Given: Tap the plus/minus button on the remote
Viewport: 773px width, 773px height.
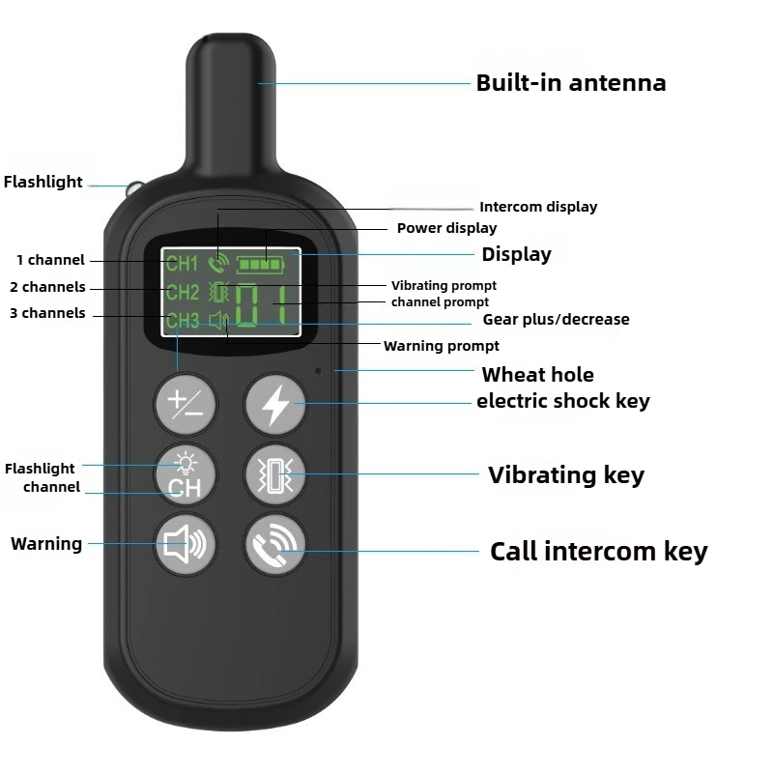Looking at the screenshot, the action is click(x=185, y=404).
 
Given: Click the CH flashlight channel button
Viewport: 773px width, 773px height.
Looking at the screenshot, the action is click(x=185, y=475).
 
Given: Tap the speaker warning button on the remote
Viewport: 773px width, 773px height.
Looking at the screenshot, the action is click(x=185, y=544).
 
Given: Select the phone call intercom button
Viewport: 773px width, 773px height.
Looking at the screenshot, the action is click(x=275, y=544).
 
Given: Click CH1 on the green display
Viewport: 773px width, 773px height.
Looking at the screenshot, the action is click(x=182, y=263).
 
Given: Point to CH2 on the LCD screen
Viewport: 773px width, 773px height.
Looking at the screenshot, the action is click(x=183, y=292).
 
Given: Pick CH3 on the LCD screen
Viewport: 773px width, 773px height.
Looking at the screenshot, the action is click(x=183, y=321).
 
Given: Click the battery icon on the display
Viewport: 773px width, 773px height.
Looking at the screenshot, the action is click(x=261, y=265).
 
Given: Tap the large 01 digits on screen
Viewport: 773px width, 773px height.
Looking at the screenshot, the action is click(x=261, y=305).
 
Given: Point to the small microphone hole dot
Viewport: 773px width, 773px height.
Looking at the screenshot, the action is click(x=318, y=370).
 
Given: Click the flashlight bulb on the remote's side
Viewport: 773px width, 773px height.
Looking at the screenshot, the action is click(x=133, y=188).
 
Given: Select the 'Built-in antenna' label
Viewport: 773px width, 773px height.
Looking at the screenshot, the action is click(x=571, y=83).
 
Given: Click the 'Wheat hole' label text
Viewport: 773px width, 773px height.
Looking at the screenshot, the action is click(x=538, y=375).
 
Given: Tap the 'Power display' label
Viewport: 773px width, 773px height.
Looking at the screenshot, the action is click(x=446, y=228).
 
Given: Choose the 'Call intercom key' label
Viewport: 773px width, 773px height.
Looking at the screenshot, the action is click(x=598, y=552).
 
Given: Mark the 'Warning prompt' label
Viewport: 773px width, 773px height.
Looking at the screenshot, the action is click(x=442, y=346).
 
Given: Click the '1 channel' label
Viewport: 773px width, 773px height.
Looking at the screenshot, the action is click(x=50, y=260).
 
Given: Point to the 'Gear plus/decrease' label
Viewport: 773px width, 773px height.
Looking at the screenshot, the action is click(x=556, y=320).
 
